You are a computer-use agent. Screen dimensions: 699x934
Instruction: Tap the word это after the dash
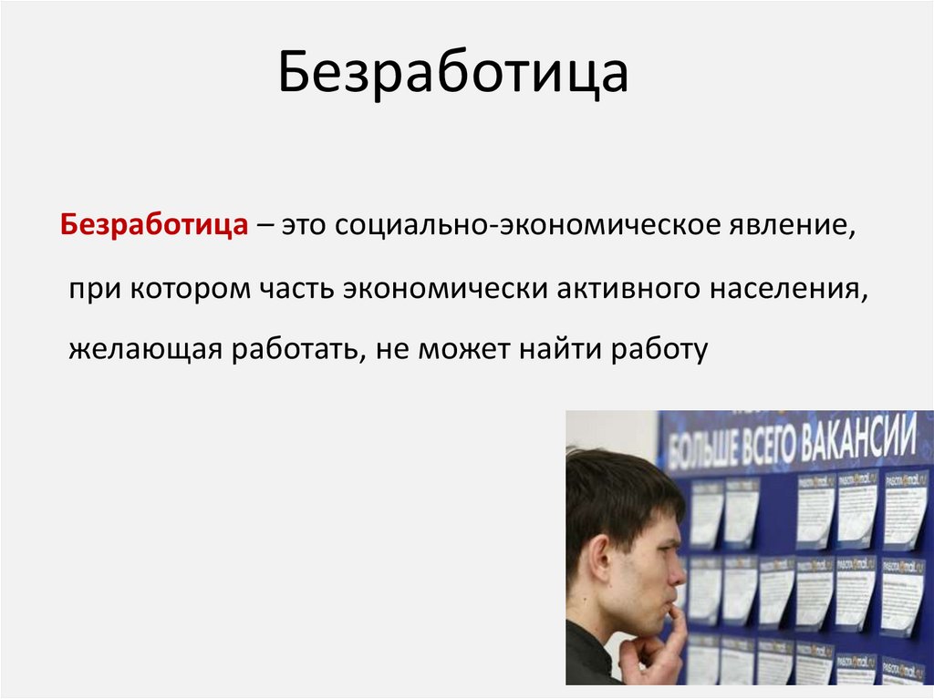(x=306, y=225)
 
